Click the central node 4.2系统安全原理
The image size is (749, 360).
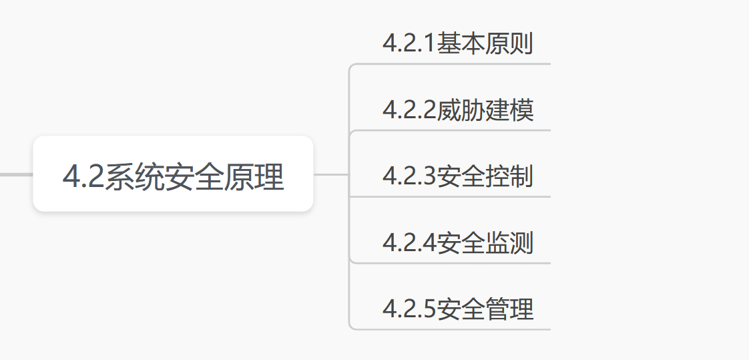tap(173, 174)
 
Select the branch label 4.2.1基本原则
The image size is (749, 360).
tap(457, 43)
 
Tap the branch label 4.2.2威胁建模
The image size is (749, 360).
tap(457, 110)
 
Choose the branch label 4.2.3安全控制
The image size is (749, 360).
tap(457, 176)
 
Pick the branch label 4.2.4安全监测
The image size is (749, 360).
tap(457, 242)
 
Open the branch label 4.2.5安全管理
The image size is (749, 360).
tap(457, 309)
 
